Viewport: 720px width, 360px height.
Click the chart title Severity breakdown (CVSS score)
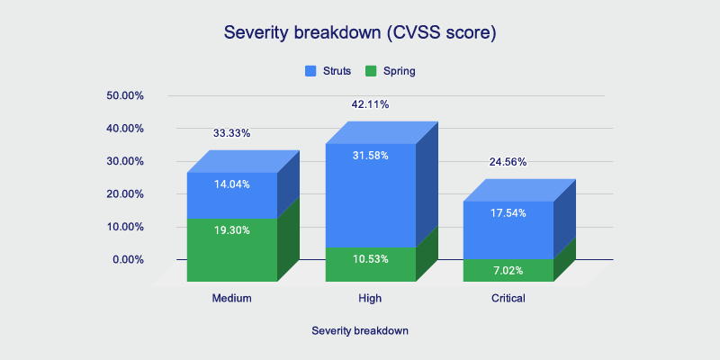(360, 33)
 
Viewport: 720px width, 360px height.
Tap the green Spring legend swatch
(371, 70)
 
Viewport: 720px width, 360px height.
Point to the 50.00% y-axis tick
(126, 95)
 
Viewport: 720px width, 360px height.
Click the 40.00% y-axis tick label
(126, 129)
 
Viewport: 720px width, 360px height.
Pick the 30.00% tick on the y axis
(126, 161)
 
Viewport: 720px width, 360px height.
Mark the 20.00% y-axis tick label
(126, 194)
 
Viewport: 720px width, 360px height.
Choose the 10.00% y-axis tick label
(126, 227)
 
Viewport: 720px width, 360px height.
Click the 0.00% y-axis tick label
(129, 260)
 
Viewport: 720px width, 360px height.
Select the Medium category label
(231, 298)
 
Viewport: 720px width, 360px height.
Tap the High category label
(370, 298)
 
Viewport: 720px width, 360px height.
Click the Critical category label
(508, 298)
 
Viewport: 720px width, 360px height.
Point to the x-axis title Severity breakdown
(360, 330)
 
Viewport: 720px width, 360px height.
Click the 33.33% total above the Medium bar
(231, 133)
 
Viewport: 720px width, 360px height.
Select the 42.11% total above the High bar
(370, 104)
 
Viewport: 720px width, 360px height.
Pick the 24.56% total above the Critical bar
(508, 162)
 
